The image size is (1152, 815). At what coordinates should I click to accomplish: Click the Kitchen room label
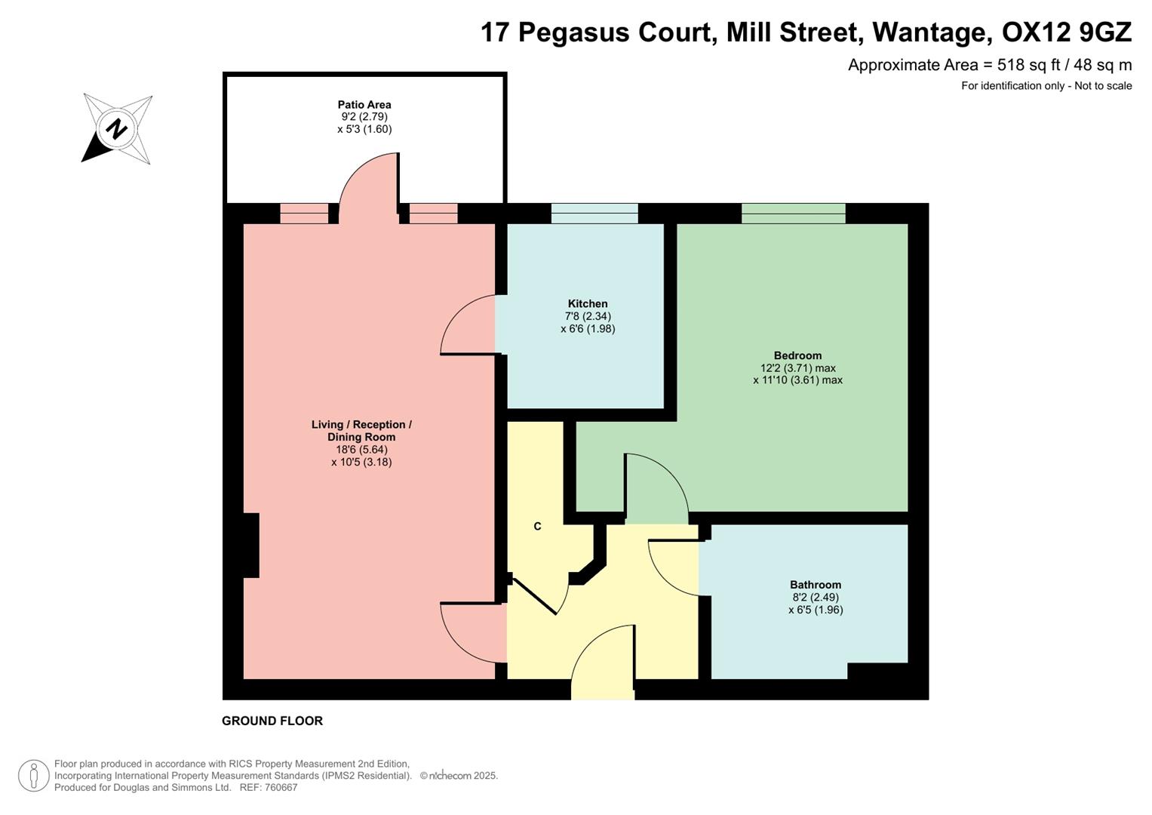587,303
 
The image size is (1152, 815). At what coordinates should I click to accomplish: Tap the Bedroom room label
797,355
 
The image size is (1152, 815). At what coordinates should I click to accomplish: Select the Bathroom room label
815,585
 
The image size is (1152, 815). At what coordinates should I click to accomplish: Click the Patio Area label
364,105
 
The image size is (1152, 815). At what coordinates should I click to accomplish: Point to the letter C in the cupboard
537,526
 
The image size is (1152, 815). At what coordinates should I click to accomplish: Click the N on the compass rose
116,128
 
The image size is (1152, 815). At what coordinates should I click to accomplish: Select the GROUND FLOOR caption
272,721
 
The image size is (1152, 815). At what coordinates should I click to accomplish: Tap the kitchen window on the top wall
594,214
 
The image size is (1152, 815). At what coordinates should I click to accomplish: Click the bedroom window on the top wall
793,214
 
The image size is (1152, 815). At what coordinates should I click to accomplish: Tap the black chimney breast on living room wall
250,546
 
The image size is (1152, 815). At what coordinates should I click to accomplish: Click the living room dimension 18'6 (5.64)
361,450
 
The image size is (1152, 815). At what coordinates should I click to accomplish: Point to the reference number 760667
279,787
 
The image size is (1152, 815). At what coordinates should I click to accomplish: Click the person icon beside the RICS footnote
33,775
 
